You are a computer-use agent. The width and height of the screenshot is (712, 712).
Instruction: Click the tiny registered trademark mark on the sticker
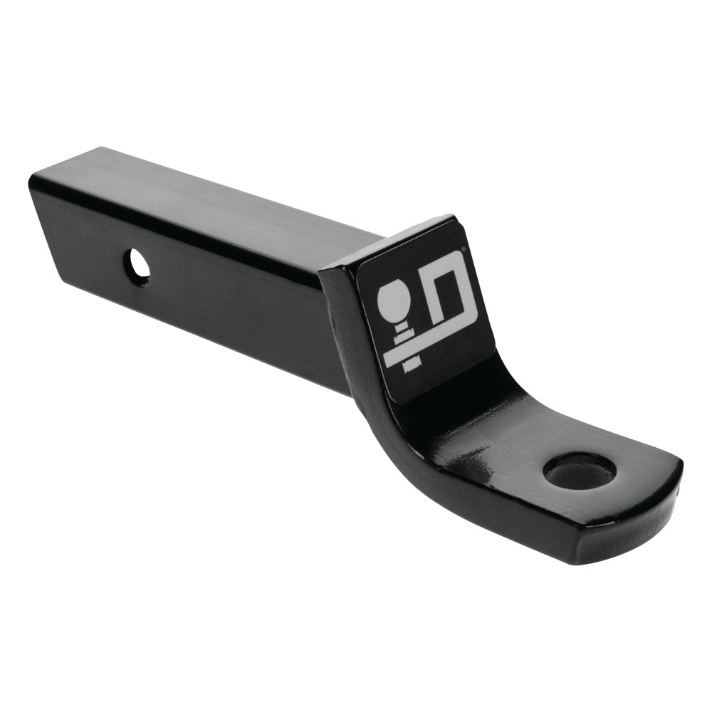coord(464,249)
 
